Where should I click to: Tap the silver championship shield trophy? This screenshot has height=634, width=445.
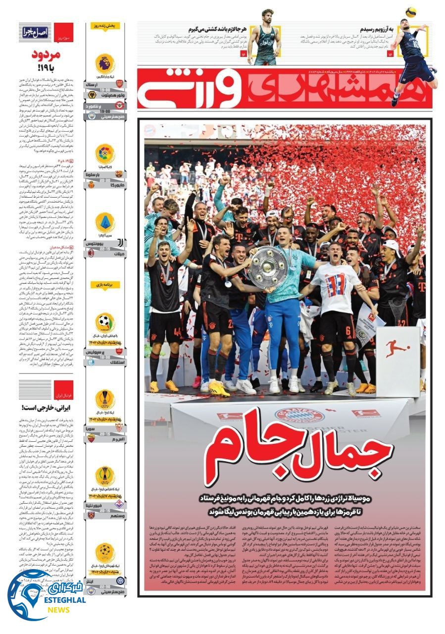(269, 268)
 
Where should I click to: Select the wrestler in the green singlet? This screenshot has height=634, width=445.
(264, 40)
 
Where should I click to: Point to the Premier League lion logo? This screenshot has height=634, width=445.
(105, 63)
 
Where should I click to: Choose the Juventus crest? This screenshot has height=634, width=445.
(119, 243)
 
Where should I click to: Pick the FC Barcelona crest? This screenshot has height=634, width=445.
(119, 174)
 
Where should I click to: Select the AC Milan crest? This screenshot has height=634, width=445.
(119, 253)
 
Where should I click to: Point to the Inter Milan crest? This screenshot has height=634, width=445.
(119, 580)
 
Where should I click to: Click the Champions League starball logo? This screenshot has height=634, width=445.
(105, 551)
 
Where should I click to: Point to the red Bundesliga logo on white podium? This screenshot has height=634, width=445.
(397, 348)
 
